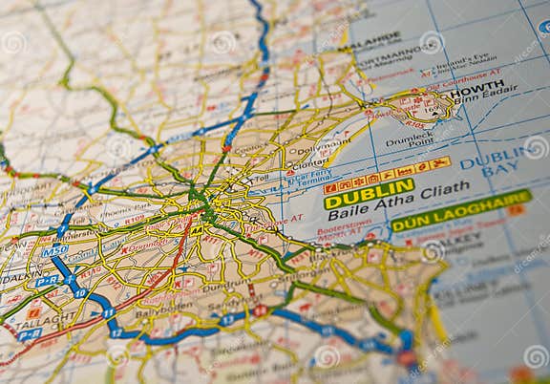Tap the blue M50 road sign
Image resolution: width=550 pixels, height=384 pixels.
pos(55,250)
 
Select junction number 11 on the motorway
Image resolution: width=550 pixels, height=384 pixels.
pos(108,312)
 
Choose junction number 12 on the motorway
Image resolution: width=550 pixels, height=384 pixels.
pos(116,332)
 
